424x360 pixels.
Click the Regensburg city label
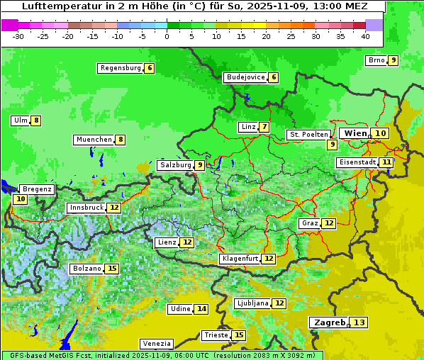[120, 68]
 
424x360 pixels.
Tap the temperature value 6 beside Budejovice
[274, 77]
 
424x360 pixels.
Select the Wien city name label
[355, 133]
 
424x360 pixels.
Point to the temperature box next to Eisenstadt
[386, 162]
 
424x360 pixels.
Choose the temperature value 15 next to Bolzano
[112, 269]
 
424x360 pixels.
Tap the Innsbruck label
[86, 208]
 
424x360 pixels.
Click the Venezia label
[156, 344]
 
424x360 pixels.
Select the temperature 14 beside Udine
[202, 309]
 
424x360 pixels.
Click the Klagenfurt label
[240, 259]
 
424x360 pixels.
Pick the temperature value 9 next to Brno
[393, 60]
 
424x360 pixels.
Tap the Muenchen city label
[94, 140]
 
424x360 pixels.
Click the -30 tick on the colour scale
[18, 36]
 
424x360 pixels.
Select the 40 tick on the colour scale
[365, 36]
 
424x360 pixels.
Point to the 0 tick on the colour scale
[167, 36]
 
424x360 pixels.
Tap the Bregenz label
[36, 189]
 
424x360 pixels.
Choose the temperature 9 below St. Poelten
[332, 145]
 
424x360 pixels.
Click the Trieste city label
[216, 335]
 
